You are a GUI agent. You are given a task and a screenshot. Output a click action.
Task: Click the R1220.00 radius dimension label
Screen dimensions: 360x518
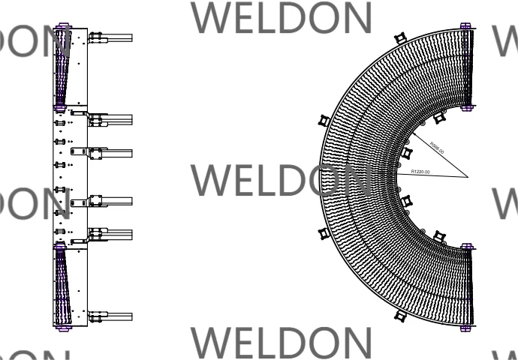(420, 172)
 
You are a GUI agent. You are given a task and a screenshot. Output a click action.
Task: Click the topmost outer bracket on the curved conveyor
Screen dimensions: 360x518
(399, 37)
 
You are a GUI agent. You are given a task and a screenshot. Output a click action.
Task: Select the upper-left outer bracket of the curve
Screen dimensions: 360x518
(324, 120)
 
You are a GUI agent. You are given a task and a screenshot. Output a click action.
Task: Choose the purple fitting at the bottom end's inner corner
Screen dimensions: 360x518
(465, 245)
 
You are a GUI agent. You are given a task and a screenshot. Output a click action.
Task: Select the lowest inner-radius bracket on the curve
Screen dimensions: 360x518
(439, 237)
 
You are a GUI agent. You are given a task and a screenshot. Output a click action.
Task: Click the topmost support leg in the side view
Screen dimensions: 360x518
(110, 37)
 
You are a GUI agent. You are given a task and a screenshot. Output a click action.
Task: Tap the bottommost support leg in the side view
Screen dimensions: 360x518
(110, 316)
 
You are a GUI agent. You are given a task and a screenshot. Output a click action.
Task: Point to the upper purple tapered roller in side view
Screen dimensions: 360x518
(60, 67)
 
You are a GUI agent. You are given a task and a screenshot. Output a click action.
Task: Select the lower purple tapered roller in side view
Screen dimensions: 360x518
(60, 285)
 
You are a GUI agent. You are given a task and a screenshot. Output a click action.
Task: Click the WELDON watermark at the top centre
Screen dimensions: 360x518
(283, 18)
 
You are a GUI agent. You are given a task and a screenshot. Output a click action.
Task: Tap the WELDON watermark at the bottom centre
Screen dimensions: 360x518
(283, 342)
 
